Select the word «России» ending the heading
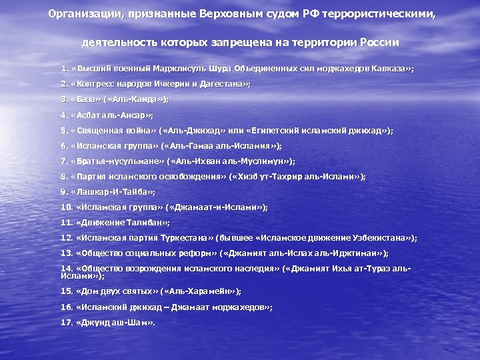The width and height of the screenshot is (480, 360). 379,42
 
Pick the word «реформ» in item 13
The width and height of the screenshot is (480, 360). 197,253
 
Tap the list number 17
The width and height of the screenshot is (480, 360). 66,322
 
